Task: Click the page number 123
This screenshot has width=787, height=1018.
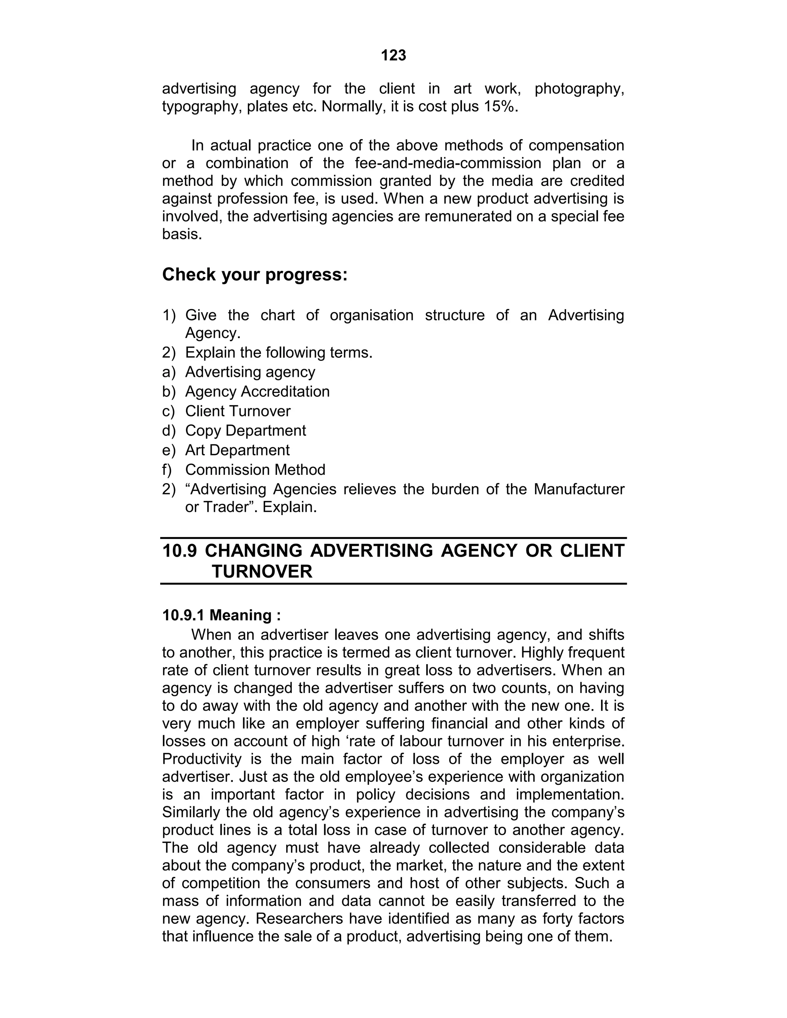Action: [393, 55]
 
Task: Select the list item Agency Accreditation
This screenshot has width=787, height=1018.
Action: [257, 391]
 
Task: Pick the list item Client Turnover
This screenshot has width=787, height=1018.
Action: [237, 411]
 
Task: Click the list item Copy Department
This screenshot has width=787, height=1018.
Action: [245, 431]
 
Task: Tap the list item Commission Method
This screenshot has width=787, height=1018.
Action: [255, 470]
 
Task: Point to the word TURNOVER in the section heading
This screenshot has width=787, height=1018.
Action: [262, 572]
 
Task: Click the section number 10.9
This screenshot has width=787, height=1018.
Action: [179, 551]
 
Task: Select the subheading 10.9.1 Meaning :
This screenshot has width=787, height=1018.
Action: [221, 615]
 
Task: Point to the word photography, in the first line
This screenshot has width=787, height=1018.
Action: [579, 89]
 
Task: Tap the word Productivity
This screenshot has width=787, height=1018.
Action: [201, 759]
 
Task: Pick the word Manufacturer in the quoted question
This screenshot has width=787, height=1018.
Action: [579, 489]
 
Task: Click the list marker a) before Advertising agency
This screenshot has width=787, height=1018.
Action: [168, 372]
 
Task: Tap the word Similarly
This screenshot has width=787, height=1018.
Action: [192, 812]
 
